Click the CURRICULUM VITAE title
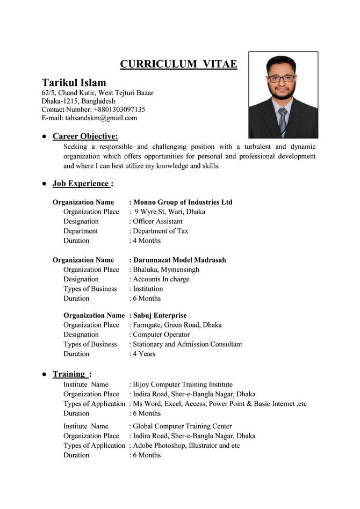178,64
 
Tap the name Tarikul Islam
74,83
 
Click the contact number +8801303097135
112,109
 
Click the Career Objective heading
85,136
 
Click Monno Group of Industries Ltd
183,202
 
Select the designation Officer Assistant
157,221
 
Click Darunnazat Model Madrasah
179,260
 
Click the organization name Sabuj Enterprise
160,315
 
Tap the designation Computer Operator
161,335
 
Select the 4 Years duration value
144,354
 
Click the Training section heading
69,374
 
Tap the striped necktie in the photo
282,121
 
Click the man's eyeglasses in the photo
281,78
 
